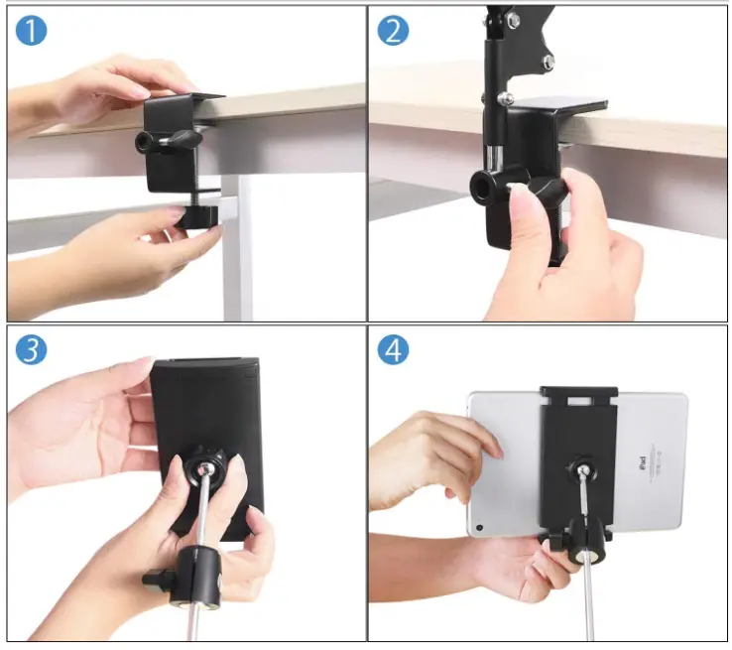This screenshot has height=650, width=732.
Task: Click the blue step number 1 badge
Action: point(31,31)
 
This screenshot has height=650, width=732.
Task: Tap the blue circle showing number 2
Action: point(393,31)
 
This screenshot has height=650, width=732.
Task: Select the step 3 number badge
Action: point(31,350)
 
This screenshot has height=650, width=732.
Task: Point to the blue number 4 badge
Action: point(393,350)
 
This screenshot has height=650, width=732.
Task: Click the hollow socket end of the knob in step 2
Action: point(485,185)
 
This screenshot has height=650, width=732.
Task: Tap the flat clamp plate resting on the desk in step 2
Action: point(565,104)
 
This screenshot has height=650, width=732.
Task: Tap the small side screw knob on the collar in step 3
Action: point(154,577)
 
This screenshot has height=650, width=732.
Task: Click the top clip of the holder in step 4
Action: point(578,396)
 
